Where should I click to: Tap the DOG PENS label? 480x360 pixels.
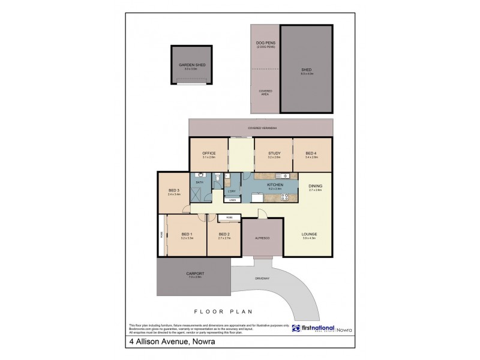pyautogui.click(x=265, y=44)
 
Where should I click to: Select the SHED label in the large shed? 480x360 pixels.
pyautogui.click(x=306, y=70)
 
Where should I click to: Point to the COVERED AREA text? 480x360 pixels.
pyautogui.click(x=265, y=93)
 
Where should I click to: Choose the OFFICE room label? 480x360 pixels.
pyautogui.click(x=209, y=154)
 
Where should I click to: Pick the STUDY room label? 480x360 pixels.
pyautogui.click(x=274, y=154)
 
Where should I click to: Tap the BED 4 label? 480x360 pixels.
pyautogui.click(x=311, y=154)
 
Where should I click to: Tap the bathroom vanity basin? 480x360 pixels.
pyautogui.click(x=199, y=176)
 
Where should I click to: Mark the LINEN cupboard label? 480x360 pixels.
pyautogui.click(x=232, y=201)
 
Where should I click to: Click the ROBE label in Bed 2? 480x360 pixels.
pyautogui.click(x=229, y=217)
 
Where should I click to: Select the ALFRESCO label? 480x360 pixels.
pyautogui.click(x=262, y=238)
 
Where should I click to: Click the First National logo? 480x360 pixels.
pyautogui.click(x=313, y=329)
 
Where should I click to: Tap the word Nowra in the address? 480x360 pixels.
pyautogui.click(x=204, y=344)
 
